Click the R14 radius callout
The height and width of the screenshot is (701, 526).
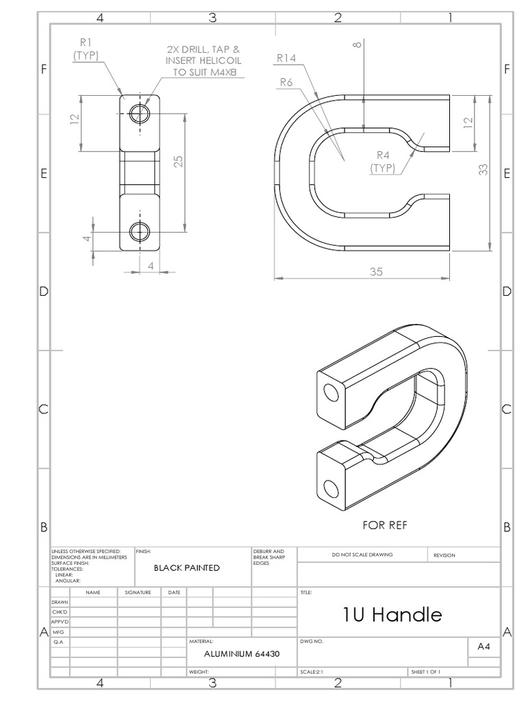[x=286, y=59]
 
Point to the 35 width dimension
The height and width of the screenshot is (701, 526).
[x=376, y=271]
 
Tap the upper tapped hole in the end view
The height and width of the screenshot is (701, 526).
[x=141, y=112]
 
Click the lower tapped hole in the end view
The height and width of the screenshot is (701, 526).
[x=141, y=231]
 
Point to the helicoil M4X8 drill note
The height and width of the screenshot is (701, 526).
[x=203, y=61]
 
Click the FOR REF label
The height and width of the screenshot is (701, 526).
[x=383, y=526]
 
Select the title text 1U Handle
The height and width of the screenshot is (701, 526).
[x=392, y=615]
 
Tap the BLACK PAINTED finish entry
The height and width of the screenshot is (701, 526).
[x=186, y=568]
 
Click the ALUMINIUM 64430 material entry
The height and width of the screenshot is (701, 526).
[x=241, y=654]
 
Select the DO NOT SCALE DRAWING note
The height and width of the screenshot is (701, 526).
[x=362, y=555]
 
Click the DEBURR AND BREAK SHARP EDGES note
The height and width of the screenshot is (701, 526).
[x=264, y=557]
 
